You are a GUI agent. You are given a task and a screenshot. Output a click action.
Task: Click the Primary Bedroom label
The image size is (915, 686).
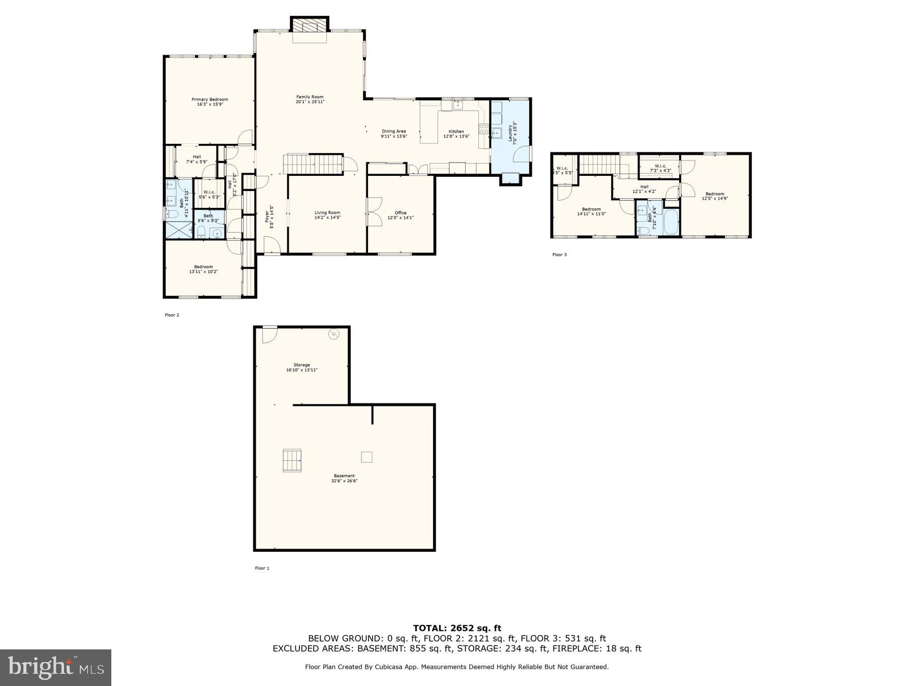click(209, 100)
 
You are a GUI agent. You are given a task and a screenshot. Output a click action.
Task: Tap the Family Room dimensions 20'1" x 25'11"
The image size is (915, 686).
click(310, 102)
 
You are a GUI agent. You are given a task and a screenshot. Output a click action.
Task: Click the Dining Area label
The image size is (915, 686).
click(394, 131)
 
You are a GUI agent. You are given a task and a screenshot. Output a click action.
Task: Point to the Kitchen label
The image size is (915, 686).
click(456, 132)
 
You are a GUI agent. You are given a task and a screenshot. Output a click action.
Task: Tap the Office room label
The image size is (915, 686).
click(401, 213)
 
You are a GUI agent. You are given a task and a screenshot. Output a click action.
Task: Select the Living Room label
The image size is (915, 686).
click(327, 213)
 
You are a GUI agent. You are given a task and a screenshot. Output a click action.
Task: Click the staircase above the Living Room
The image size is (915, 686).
click(313, 164)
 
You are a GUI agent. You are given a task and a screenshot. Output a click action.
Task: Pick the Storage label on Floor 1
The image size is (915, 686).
click(301, 365)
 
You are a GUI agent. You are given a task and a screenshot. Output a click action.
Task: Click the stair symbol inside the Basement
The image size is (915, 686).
click(292, 460)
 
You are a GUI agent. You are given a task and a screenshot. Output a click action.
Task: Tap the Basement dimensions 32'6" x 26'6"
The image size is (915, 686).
click(344, 481)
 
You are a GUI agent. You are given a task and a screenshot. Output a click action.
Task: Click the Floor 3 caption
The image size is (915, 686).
click(559, 255)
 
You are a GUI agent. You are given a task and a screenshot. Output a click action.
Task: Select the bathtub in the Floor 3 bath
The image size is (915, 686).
click(671, 222)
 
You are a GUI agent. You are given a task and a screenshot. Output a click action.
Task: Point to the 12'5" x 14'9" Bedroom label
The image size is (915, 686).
click(715, 194)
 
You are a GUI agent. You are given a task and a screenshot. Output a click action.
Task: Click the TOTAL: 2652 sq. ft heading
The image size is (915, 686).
click(456, 628)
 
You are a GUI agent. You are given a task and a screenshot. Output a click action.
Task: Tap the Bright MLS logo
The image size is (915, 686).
click(55, 667)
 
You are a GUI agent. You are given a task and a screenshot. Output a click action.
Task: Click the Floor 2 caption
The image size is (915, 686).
click(172, 315)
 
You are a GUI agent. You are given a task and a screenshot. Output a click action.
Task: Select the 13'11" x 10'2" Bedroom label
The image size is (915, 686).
click(203, 267)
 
